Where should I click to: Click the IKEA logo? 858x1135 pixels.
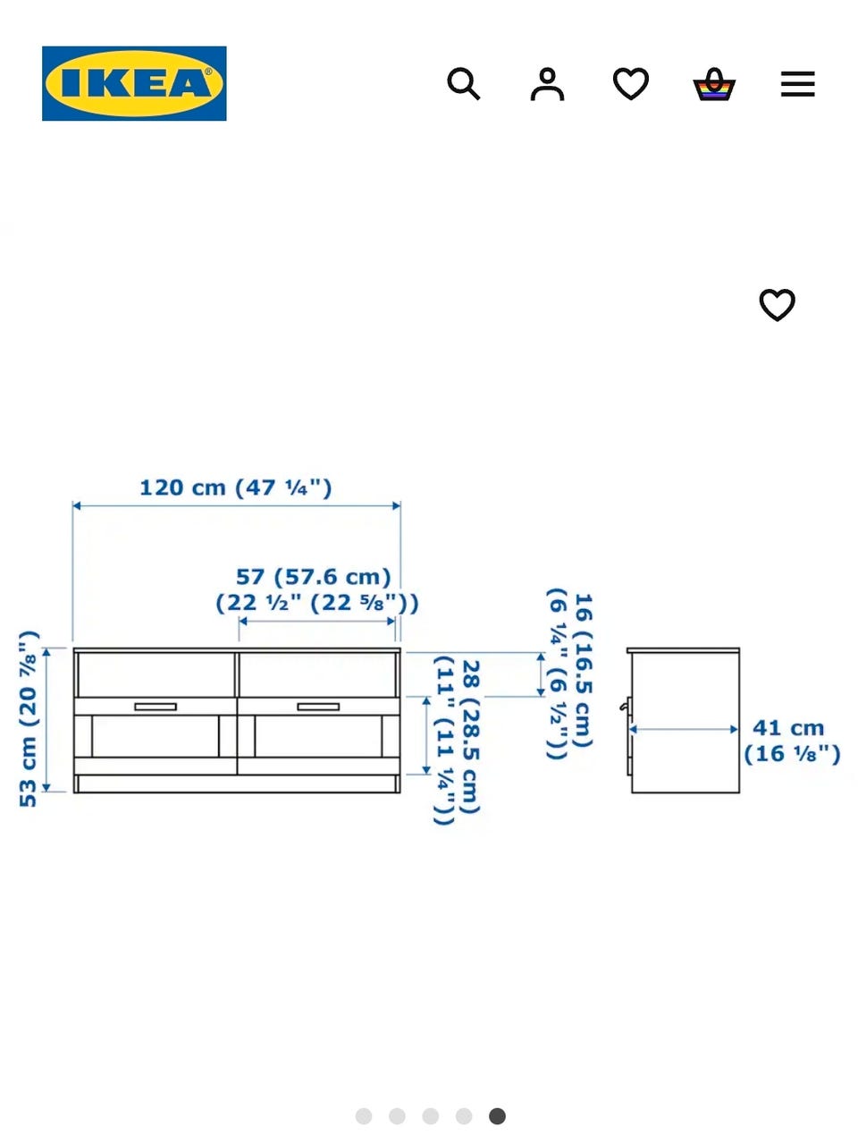[134, 83]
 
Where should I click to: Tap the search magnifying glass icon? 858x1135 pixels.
[463, 83]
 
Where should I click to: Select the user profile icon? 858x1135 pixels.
[547, 84]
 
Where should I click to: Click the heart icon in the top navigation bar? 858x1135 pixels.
[631, 83]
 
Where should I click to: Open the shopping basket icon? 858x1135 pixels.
[714, 84]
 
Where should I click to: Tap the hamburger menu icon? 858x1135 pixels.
[797, 84]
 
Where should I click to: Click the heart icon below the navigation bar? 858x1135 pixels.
[777, 305]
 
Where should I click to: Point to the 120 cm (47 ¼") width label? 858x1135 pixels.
[236, 487]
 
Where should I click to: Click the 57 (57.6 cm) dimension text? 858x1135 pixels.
[314, 577]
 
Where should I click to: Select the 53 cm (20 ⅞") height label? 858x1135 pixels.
[29, 719]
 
